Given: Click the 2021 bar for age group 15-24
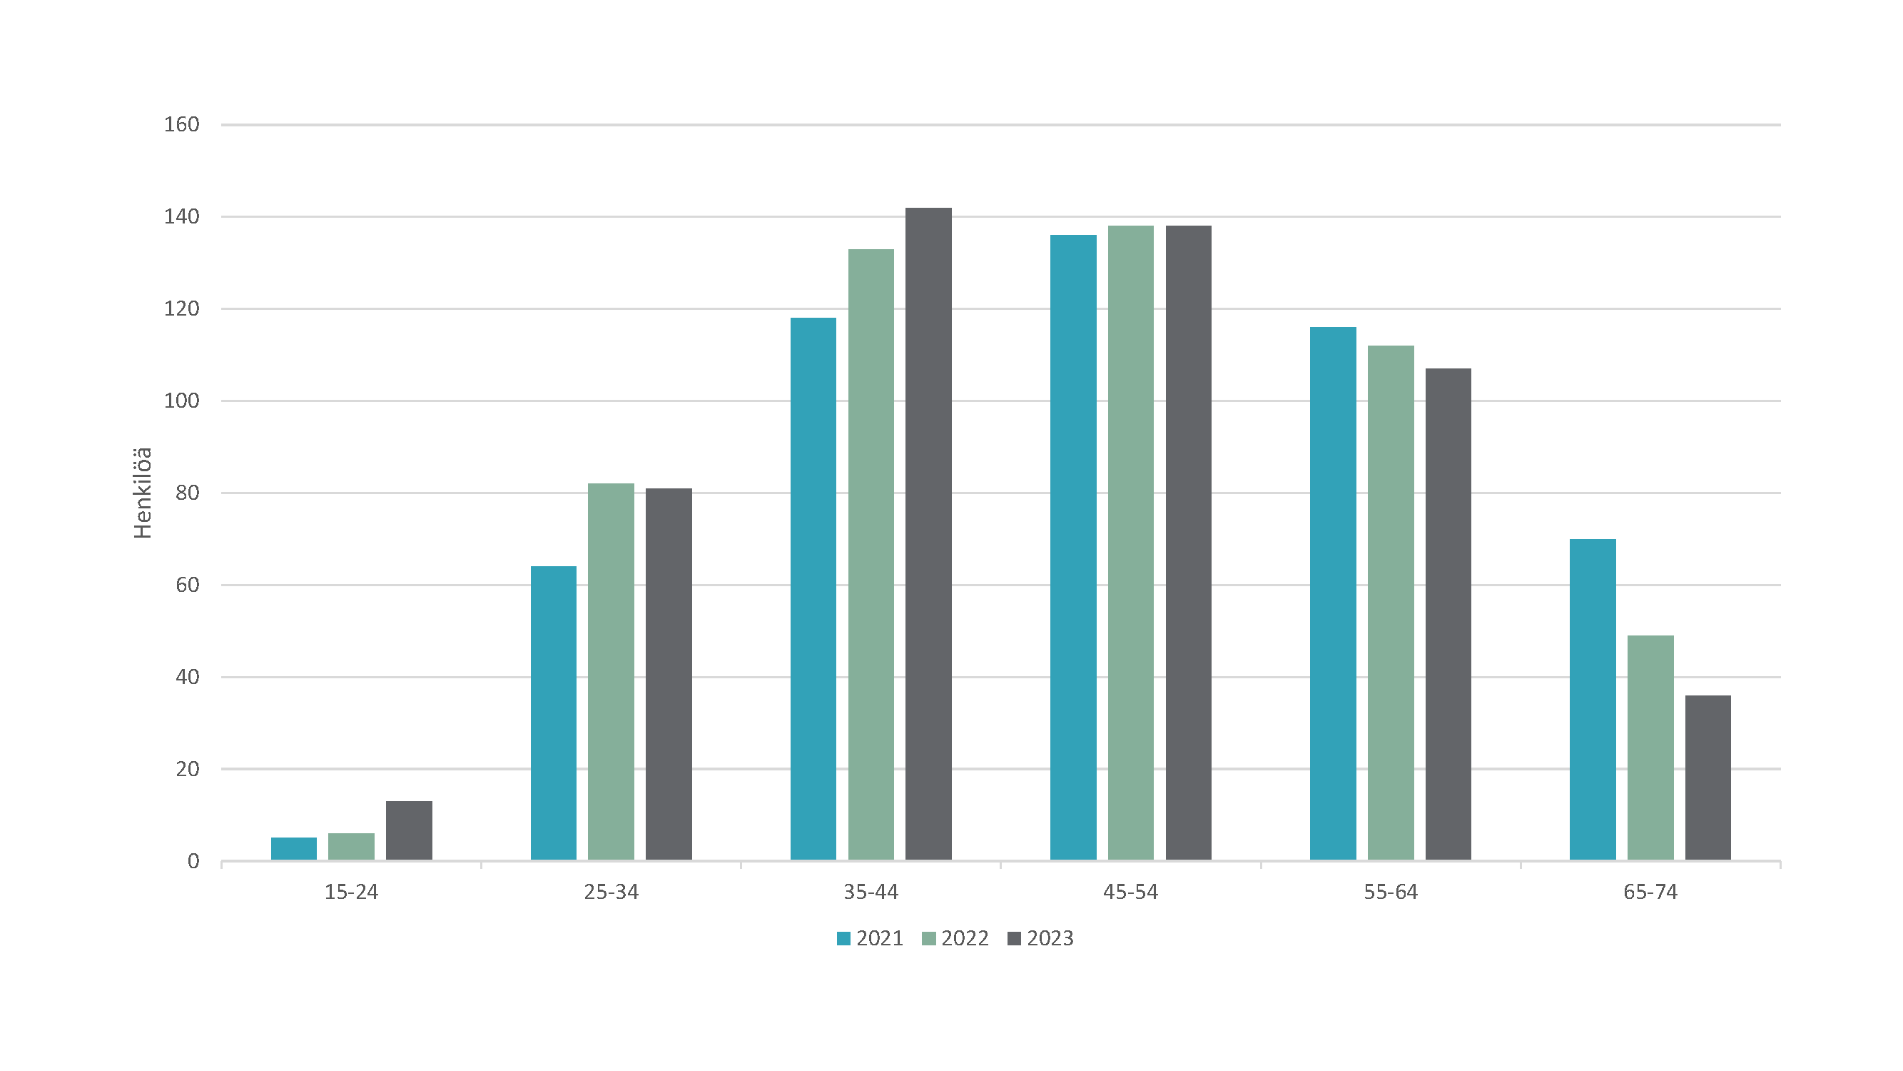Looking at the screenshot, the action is pyautogui.click(x=294, y=848).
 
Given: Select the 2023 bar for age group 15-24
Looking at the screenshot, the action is pyautogui.click(x=409, y=831).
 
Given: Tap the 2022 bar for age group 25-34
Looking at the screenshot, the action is pyautogui.click(x=611, y=672).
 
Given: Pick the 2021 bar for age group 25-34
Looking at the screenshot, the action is pyautogui.click(x=553, y=713).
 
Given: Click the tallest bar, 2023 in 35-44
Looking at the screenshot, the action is pyautogui.click(x=928, y=533).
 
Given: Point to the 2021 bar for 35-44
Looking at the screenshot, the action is pyautogui.click(x=813, y=589).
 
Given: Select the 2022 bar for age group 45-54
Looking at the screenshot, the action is pyautogui.click(x=1131, y=543).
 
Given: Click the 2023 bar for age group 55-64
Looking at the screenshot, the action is pyautogui.click(x=1448, y=614).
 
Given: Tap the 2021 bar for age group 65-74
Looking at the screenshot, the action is pyautogui.click(x=1593, y=700).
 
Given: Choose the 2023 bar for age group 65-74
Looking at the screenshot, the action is pyautogui.click(x=1708, y=778).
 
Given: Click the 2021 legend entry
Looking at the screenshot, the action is pyautogui.click(x=871, y=939).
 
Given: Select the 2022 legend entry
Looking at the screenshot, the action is pyautogui.click(x=955, y=939).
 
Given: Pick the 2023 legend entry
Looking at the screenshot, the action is pyautogui.click(x=1040, y=939).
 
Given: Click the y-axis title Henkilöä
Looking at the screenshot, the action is pyautogui.click(x=143, y=493).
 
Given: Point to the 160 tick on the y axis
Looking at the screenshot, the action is pyautogui.click(x=182, y=124).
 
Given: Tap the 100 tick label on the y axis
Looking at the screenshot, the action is pyautogui.click(x=182, y=401).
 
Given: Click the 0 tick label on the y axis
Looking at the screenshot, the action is pyautogui.click(x=193, y=861).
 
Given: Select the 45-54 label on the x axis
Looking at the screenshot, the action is pyautogui.click(x=1131, y=892).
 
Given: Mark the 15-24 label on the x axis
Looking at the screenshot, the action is pyautogui.click(x=352, y=892).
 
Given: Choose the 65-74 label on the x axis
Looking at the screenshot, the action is pyautogui.click(x=1650, y=892).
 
